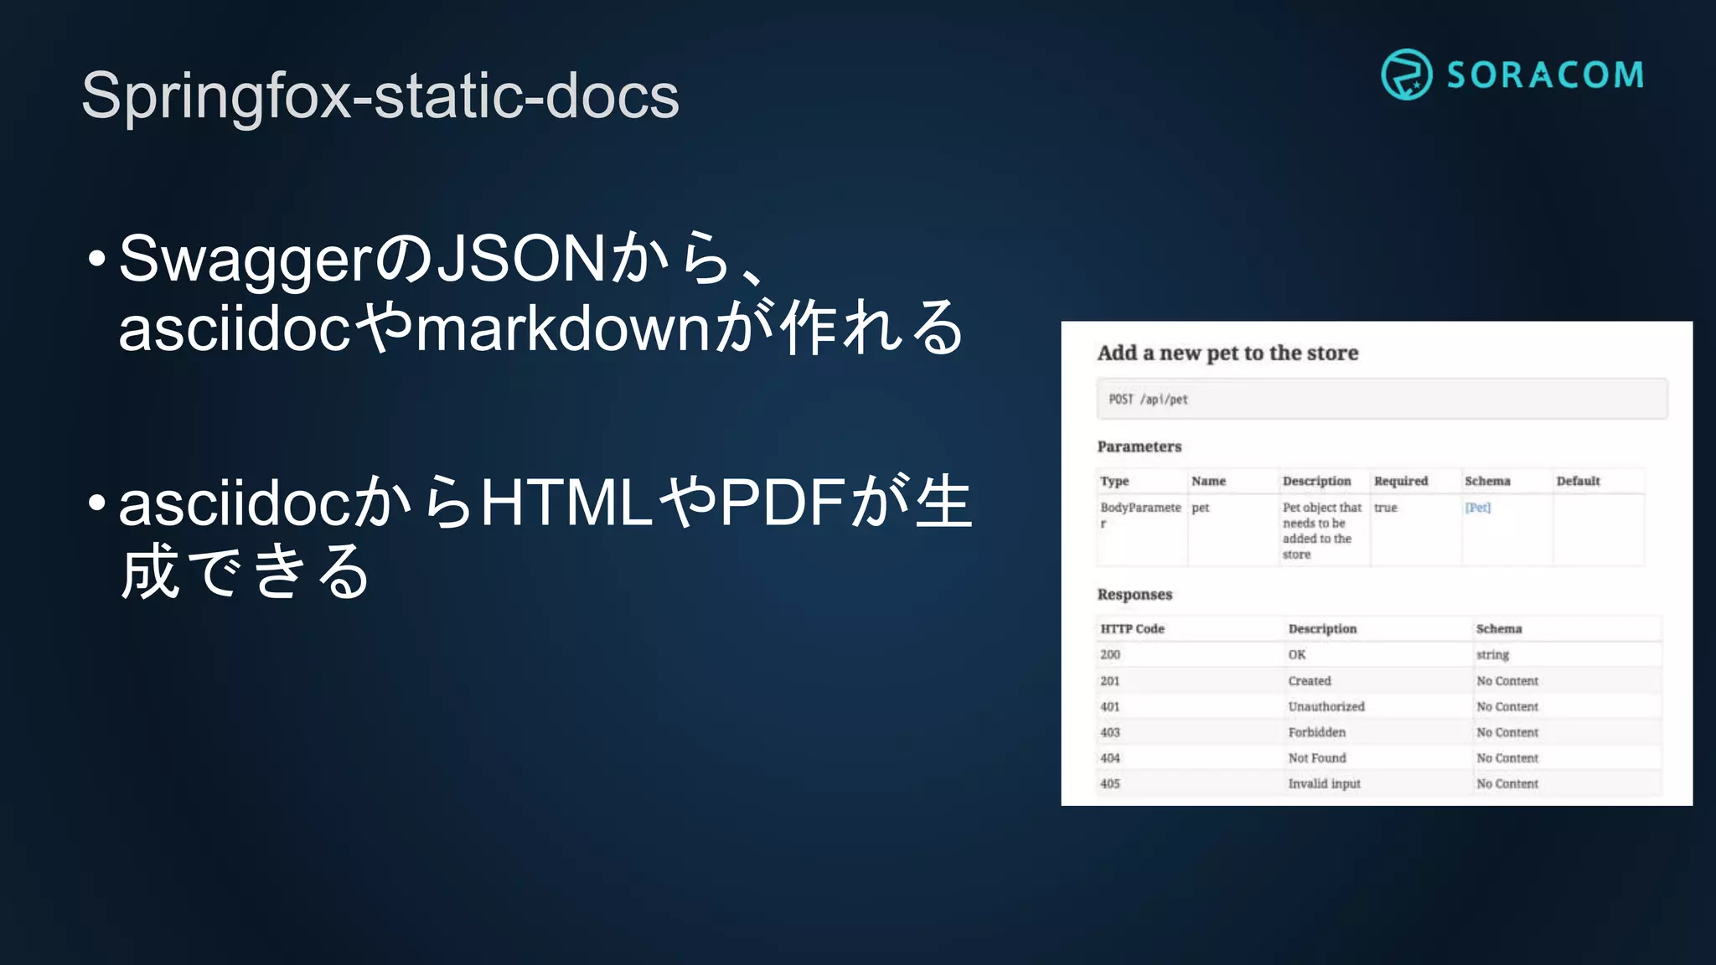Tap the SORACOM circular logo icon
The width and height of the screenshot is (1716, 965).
click(x=1406, y=75)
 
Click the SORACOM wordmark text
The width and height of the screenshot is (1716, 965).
click(x=1545, y=75)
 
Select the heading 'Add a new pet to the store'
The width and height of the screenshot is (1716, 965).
click(x=1228, y=353)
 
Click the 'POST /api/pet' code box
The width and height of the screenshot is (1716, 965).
click(x=1382, y=399)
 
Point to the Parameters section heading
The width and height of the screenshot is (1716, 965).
click(x=1139, y=446)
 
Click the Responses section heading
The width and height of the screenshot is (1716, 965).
click(x=1135, y=594)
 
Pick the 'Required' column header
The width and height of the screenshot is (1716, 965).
click(x=1400, y=481)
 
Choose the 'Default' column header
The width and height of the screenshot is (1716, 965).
click(x=1578, y=481)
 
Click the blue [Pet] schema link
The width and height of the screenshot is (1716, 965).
click(x=1478, y=508)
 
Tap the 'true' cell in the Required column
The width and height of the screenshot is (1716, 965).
click(x=1385, y=508)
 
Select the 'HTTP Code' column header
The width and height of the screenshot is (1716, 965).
click(x=1132, y=628)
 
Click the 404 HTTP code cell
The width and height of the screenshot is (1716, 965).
click(x=1110, y=758)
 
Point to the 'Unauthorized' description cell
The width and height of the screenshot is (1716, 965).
click(x=1326, y=707)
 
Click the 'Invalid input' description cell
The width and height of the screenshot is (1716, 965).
click(x=1324, y=784)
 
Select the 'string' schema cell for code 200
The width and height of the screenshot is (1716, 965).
click(x=1492, y=655)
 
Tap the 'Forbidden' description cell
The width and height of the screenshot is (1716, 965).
click(x=1316, y=732)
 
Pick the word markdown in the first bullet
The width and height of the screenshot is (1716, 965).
click(x=563, y=328)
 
